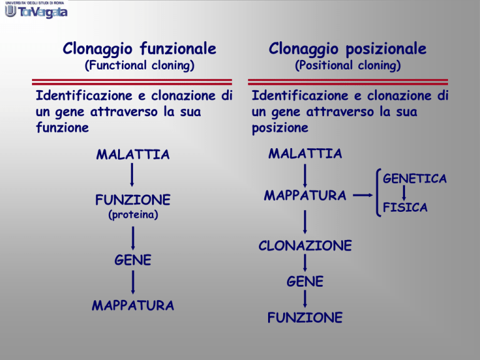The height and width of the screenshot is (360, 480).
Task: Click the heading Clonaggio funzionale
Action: click(x=139, y=49)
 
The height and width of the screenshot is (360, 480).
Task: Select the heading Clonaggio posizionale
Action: click(x=347, y=49)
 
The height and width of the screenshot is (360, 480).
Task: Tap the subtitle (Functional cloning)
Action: click(x=139, y=66)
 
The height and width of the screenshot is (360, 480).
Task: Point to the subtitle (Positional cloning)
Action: click(x=347, y=66)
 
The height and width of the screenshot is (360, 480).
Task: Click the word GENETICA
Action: click(x=415, y=179)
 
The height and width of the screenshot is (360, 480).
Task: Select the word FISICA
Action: click(x=405, y=207)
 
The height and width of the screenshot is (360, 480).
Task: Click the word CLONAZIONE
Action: click(x=305, y=246)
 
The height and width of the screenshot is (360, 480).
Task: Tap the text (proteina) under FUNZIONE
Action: click(x=133, y=214)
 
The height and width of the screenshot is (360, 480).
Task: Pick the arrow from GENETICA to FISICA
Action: click(x=404, y=193)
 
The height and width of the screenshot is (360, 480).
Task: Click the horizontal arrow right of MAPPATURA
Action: click(x=362, y=195)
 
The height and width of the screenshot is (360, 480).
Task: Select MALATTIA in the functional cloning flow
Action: click(x=133, y=154)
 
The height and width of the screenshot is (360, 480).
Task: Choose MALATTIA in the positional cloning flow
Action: click(x=305, y=153)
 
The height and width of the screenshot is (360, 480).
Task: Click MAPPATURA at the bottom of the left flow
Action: click(x=133, y=306)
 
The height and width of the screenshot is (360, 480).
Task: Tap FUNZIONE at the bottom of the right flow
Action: click(x=305, y=317)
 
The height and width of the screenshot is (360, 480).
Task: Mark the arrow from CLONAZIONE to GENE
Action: click(x=305, y=263)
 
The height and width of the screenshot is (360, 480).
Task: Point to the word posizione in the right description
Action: click(x=280, y=128)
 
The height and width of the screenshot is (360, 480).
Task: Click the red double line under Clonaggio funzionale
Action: click(x=132, y=82)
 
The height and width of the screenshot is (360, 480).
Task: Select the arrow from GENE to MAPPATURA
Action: click(x=133, y=282)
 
